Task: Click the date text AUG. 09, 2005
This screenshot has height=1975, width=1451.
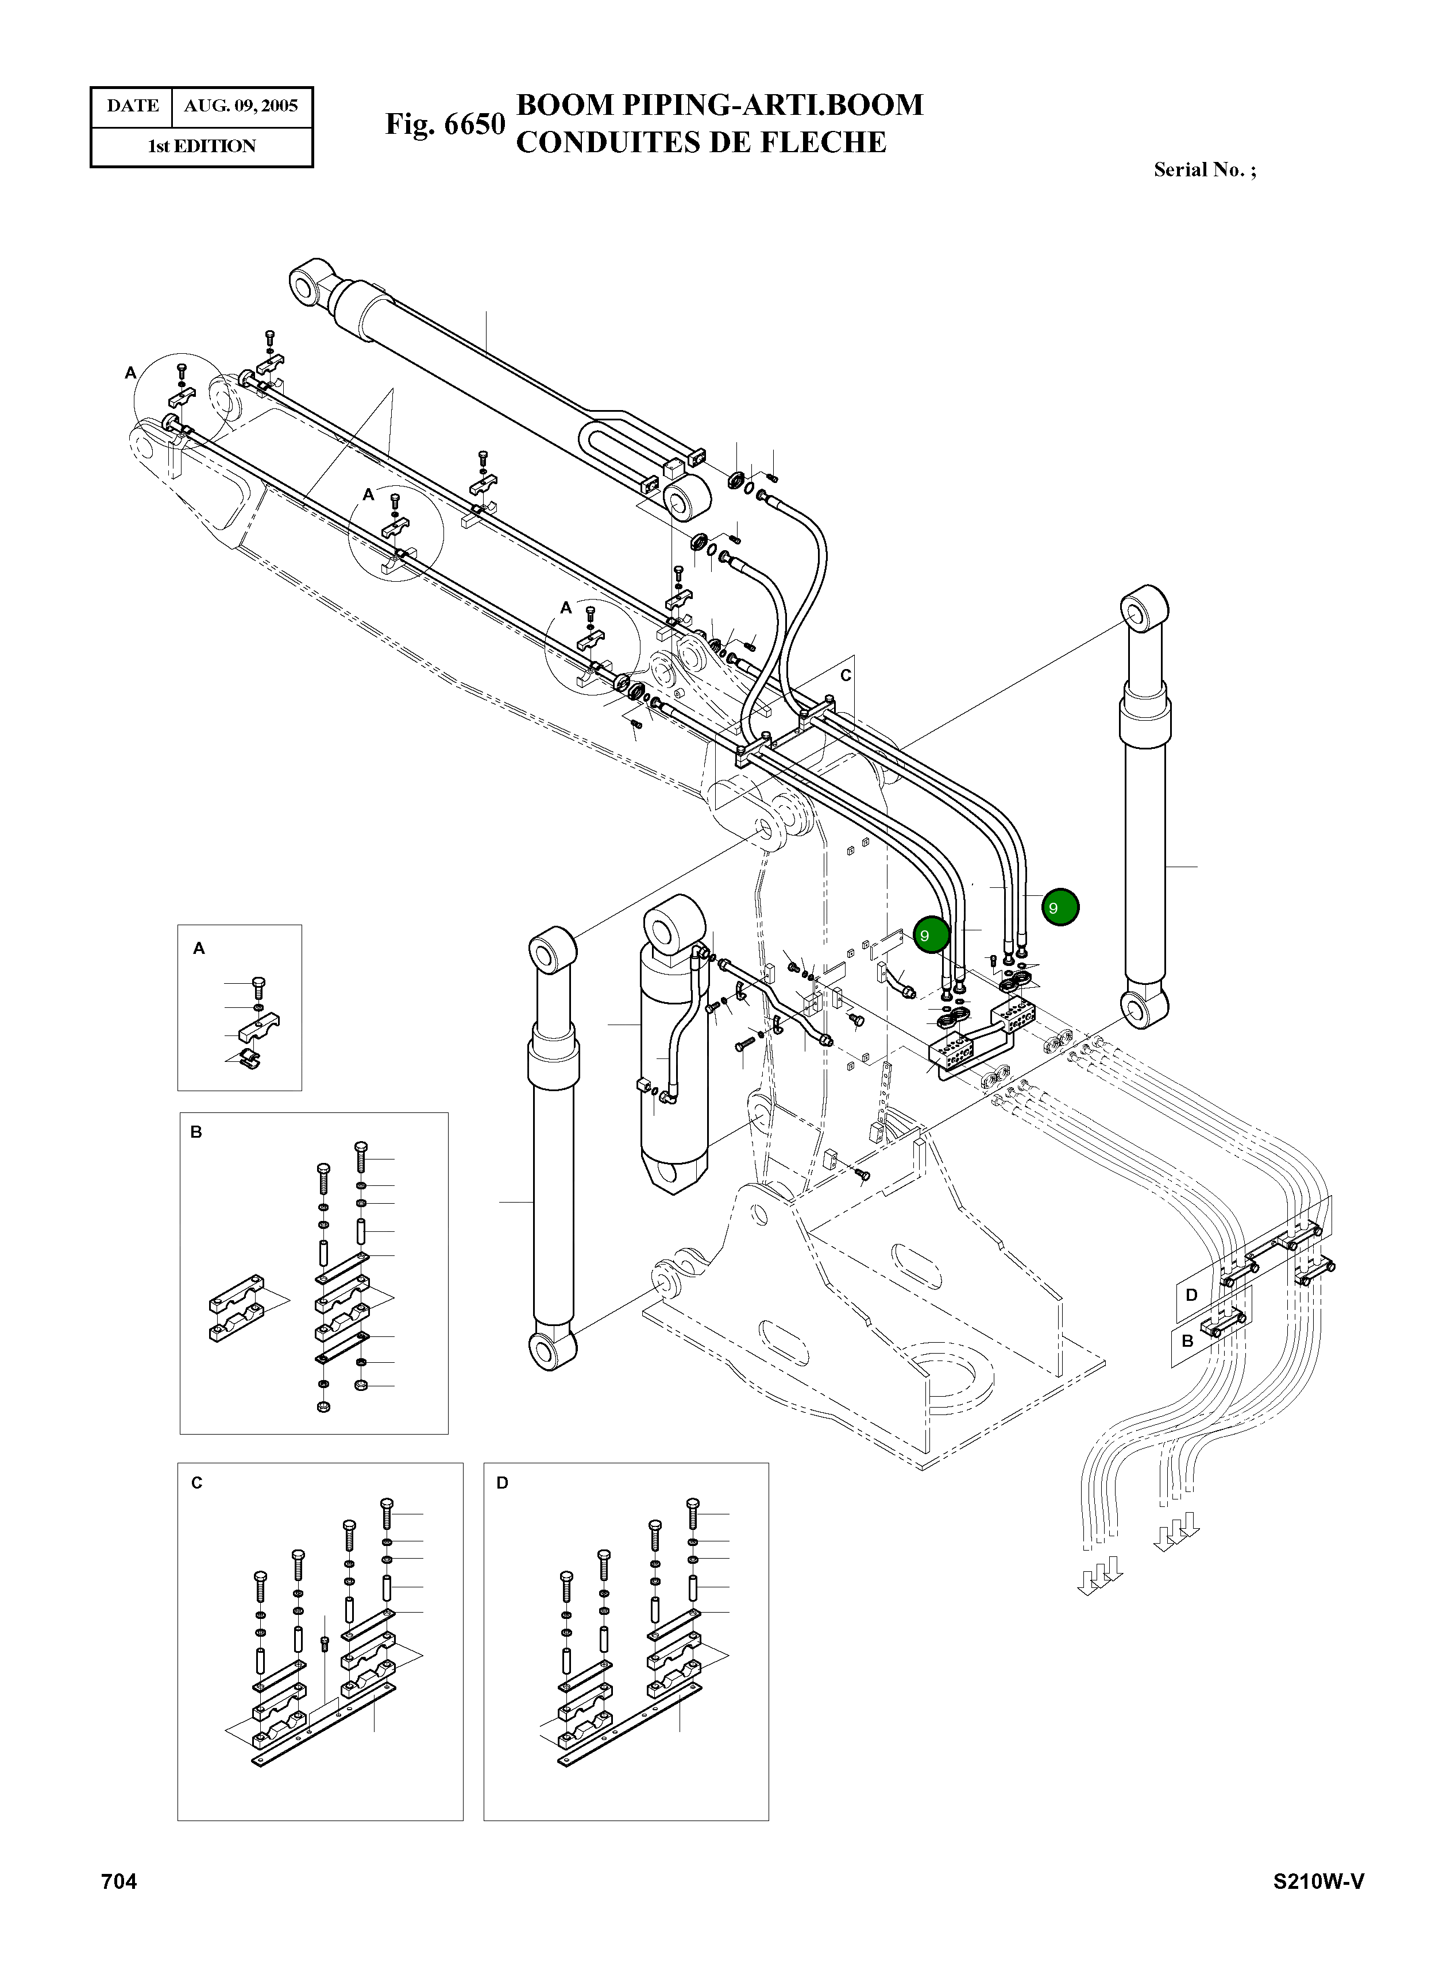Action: pyautogui.click(x=241, y=106)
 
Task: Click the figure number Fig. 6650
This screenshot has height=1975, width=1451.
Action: pyautogui.click(x=445, y=124)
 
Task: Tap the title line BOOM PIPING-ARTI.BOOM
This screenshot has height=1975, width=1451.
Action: pyautogui.click(x=719, y=105)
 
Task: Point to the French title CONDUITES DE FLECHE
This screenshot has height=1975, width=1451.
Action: pyautogui.click(x=701, y=142)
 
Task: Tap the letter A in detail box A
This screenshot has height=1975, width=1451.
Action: pyautogui.click(x=199, y=948)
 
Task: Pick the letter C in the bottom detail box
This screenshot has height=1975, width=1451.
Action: pyautogui.click(x=197, y=1483)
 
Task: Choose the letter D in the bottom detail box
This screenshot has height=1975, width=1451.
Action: pyautogui.click(x=503, y=1483)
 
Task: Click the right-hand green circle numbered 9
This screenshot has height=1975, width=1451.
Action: pyautogui.click(x=1060, y=907)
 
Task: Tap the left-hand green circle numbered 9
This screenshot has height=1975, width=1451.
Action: pyautogui.click(x=931, y=936)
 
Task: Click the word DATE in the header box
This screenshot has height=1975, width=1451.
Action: pyautogui.click(x=133, y=106)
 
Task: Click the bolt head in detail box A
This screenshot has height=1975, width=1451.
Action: pyautogui.click(x=258, y=984)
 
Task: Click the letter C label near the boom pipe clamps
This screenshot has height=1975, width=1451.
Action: pyautogui.click(x=846, y=675)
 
